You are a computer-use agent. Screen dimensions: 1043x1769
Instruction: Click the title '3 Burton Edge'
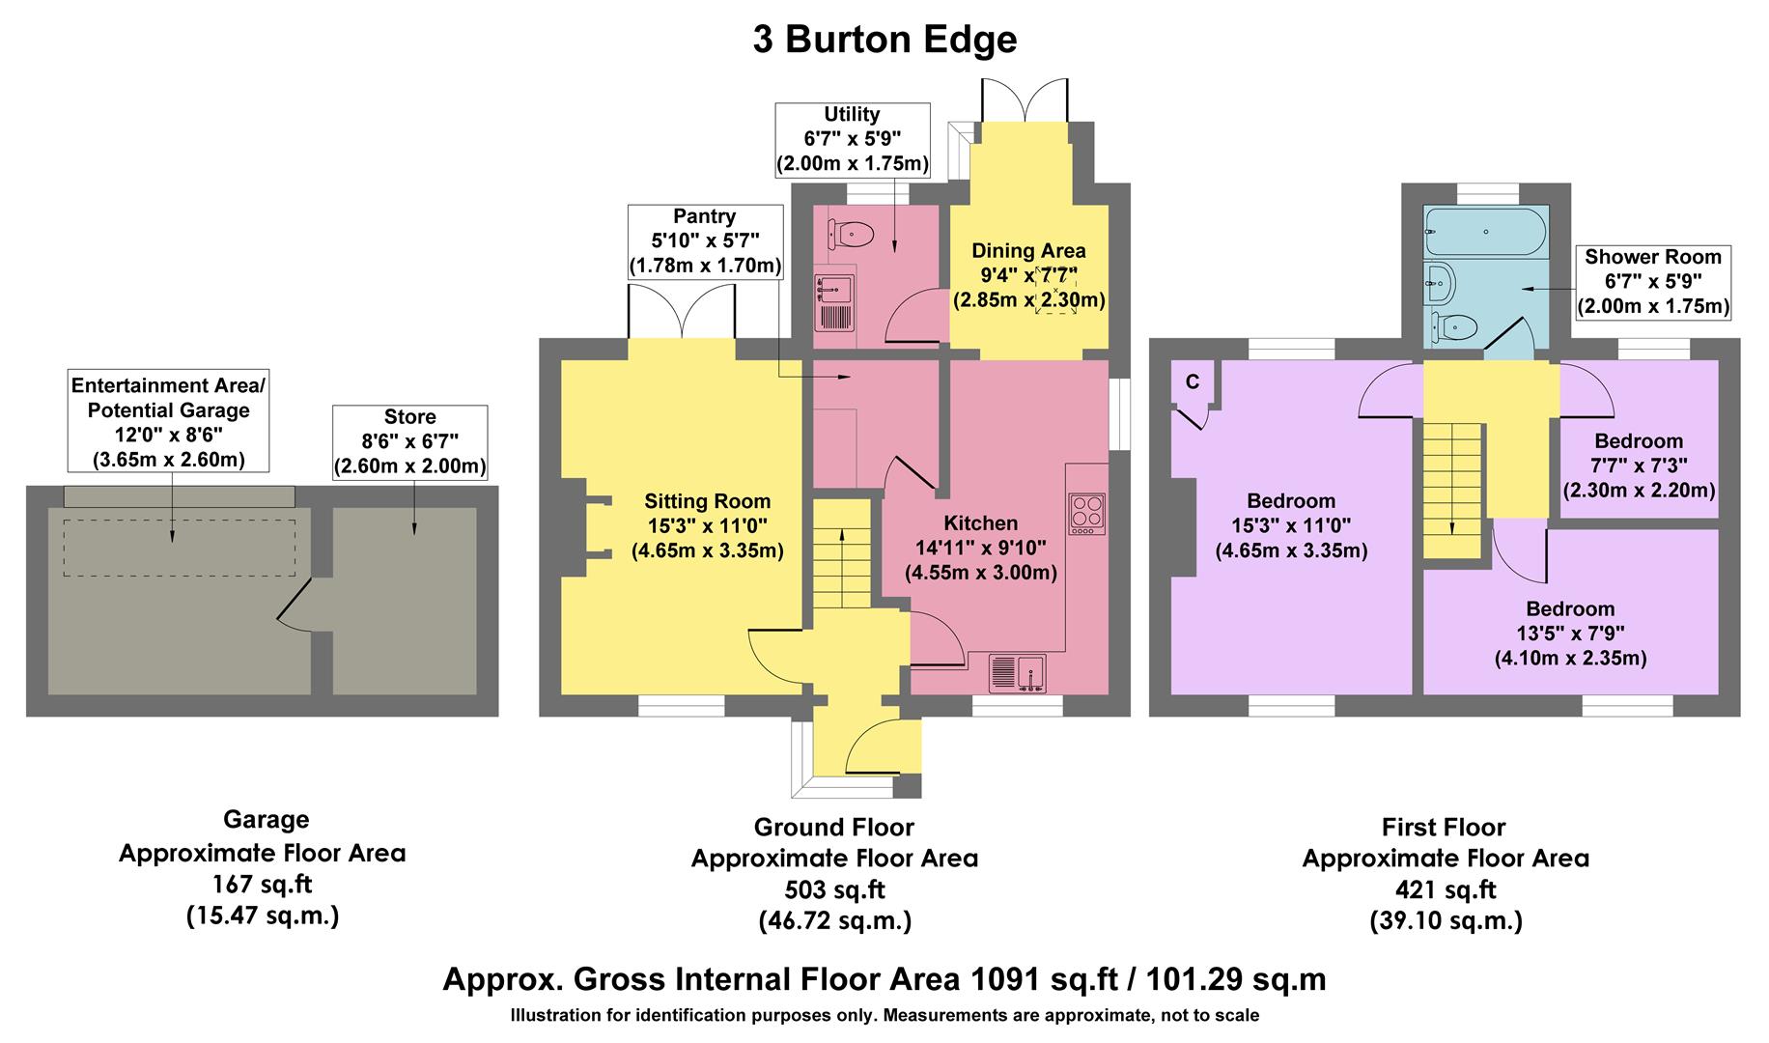pos(884,41)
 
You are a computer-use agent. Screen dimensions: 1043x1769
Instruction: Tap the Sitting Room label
pos(707,525)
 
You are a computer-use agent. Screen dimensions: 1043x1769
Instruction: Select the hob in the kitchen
pos(1087,514)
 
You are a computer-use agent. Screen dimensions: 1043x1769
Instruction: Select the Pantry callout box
pos(705,241)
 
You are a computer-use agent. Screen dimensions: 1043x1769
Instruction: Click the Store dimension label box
pos(410,442)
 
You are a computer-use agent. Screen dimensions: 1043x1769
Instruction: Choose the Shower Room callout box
pos(1653,282)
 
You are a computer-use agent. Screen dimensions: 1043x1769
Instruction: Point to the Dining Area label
pos(1028,276)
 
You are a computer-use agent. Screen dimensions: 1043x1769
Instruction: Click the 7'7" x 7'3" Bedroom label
pos(1639,465)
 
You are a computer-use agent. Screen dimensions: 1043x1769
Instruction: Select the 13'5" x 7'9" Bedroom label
pos(1570,634)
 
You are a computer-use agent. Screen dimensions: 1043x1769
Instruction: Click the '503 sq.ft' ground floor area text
pos(834,889)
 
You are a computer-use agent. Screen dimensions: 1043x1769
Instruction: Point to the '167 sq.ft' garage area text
pos(262,883)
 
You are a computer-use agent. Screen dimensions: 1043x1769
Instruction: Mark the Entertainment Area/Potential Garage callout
pos(168,423)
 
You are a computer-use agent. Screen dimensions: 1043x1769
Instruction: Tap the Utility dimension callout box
pos(852,140)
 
